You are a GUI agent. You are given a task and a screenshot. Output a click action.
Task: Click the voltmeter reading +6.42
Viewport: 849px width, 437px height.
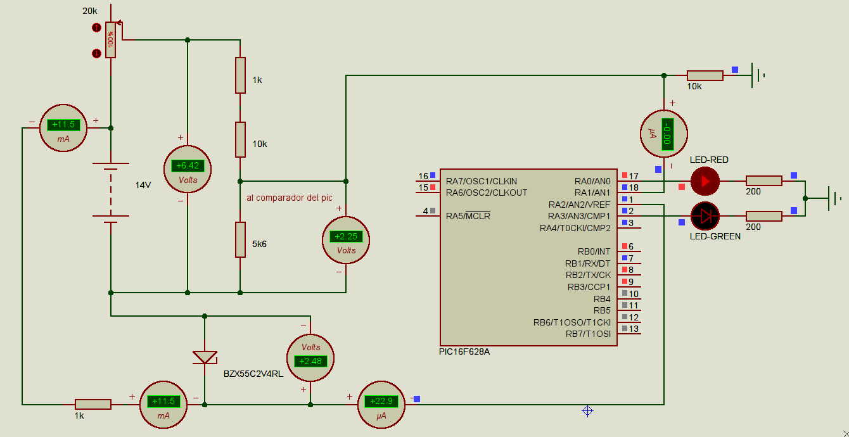pyautogui.click(x=188, y=169)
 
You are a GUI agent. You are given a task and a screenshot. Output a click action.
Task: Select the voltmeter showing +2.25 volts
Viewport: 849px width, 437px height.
pyautogui.click(x=346, y=240)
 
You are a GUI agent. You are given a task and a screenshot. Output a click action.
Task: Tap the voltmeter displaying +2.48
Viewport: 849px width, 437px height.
pyautogui.click(x=310, y=358)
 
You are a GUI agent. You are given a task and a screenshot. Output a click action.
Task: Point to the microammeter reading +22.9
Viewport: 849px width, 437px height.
pyautogui.click(x=381, y=405)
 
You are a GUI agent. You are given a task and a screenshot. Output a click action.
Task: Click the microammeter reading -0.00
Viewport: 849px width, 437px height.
pyautogui.click(x=663, y=134)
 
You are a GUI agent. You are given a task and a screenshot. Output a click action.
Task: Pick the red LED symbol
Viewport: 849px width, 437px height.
pyautogui.click(x=705, y=181)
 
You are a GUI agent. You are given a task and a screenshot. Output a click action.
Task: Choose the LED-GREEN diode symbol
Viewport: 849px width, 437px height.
pyautogui.click(x=705, y=216)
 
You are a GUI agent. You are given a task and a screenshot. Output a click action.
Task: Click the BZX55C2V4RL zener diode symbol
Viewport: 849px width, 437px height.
pyautogui.click(x=205, y=358)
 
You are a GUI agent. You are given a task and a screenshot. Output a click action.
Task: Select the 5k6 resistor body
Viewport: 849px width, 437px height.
pyautogui.click(x=240, y=240)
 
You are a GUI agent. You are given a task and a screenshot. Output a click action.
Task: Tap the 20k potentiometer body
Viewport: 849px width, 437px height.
pyautogui.click(x=111, y=40)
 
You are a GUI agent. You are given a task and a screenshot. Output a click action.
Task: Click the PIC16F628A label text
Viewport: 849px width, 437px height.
pyautogui.click(x=464, y=351)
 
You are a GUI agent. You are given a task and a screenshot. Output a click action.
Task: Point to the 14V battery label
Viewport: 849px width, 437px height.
pyautogui.click(x=143, y=185)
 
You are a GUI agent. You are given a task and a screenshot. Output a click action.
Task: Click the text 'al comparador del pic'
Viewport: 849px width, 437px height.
pyautogui.click(x=289, y=198)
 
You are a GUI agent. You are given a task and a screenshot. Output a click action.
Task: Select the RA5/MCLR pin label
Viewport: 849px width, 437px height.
pyautogui.click(x=468, y=216)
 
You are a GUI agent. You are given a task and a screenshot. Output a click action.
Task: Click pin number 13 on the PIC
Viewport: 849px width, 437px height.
pyautogui.click(x=634, y=329)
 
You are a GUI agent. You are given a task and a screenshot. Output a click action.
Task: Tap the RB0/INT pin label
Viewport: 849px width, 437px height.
pyautogui.click(x=594, y=251)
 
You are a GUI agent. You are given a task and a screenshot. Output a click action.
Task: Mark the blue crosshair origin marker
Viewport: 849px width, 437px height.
pyautogui.click(x=587, y=411)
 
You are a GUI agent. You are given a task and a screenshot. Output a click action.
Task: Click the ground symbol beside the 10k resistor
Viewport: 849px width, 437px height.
pyautogui.click(x=758, y=75)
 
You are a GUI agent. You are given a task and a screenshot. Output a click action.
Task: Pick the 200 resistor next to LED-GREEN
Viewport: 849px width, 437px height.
pyautogui.click(x=763, y=216)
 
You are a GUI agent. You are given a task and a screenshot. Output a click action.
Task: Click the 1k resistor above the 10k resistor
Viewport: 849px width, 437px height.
pyautogui.click(x=240, y=75)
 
